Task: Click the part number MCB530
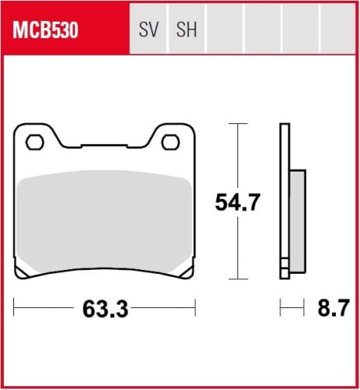pos(45,30)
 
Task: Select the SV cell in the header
pos(148,30)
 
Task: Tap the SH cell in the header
pos(187,30)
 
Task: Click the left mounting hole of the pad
pos(34,142)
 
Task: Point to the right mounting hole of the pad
pos(169,142)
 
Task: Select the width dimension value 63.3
pos(105,310)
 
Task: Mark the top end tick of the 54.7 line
pos(237,124)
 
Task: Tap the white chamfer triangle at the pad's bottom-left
pos(27,270)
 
